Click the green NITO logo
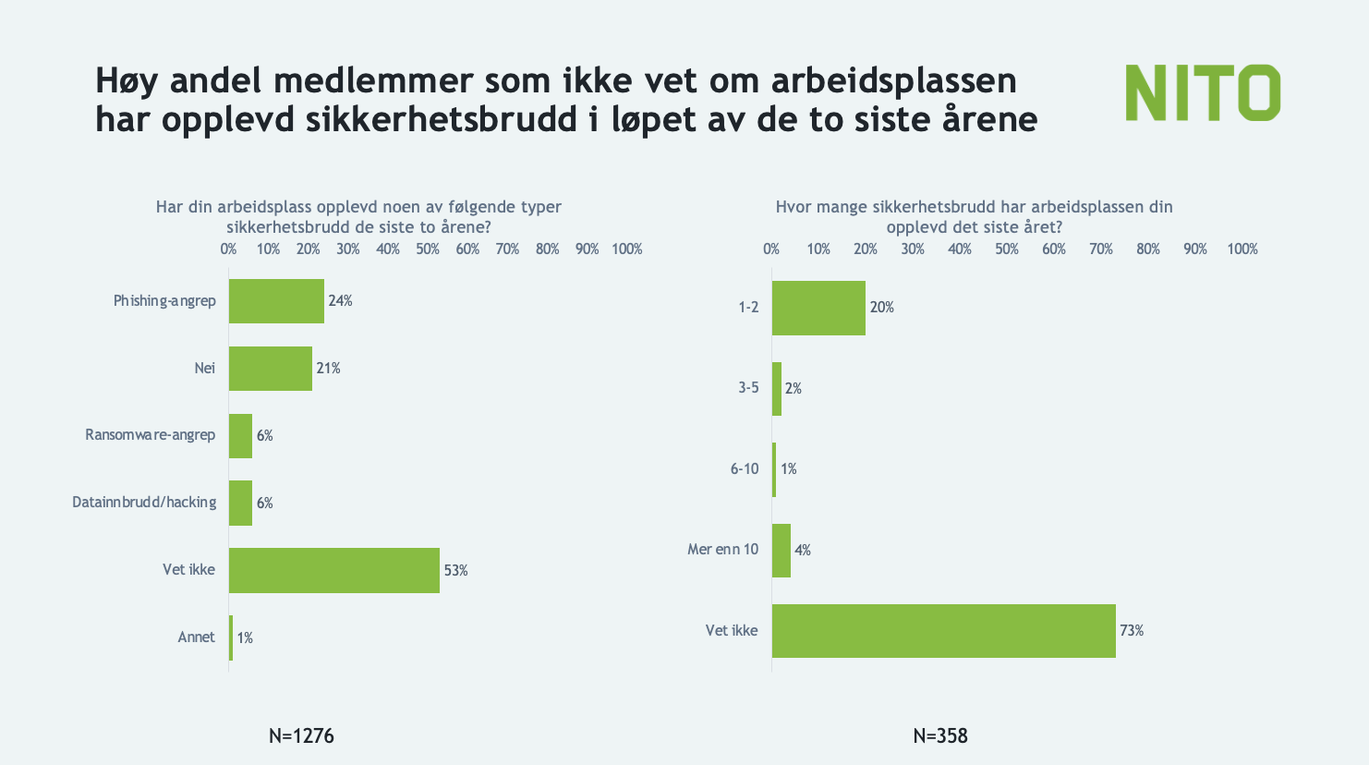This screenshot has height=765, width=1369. coord(1203,92)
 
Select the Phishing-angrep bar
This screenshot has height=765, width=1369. coord(276,301)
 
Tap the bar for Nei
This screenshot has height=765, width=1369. coord(270,369)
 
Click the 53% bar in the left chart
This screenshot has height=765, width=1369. coord(333,570)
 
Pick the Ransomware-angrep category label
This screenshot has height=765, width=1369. coord(151,435)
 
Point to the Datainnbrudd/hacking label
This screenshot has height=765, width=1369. coord(144,503)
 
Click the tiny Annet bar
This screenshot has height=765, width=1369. coord(231,637)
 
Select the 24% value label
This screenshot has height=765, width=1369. coord(340,301)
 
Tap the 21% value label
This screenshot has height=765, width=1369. coord(328,369)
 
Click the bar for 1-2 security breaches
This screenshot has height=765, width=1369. coord(818,308)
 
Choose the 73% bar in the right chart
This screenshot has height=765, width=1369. coord(943,631)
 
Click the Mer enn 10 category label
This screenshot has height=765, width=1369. coord(723,550)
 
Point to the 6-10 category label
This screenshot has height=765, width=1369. coord(745,469)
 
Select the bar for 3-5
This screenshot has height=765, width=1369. coord(777,389)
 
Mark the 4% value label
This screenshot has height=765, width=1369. coord(803,551)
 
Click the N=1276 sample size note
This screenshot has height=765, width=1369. coord(301,736)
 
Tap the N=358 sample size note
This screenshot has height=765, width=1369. coord(940,736)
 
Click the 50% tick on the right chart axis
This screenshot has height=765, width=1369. coord(1007,249)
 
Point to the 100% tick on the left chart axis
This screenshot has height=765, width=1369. coord(627,249)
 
